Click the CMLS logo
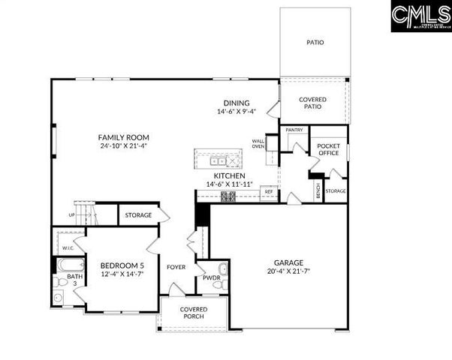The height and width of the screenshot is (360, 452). pos(419,16)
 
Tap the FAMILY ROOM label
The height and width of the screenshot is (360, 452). pos(124,137)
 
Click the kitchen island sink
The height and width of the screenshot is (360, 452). pos(218,160)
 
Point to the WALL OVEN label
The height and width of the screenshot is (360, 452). pos(258,143)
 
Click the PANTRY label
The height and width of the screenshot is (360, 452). pos(294,130)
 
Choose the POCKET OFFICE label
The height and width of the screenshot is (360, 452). pos(329,150)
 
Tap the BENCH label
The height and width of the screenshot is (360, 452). pos(318,190)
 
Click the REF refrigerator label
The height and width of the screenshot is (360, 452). pos(268,192)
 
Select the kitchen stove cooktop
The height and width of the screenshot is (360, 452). pos(228,196)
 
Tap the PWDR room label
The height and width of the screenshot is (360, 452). pos(211,277)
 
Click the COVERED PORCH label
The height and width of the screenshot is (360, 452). pos(194,313)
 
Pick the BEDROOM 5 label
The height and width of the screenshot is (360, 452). pos(122,265)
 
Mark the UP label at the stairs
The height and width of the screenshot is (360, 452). pos(72,214)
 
